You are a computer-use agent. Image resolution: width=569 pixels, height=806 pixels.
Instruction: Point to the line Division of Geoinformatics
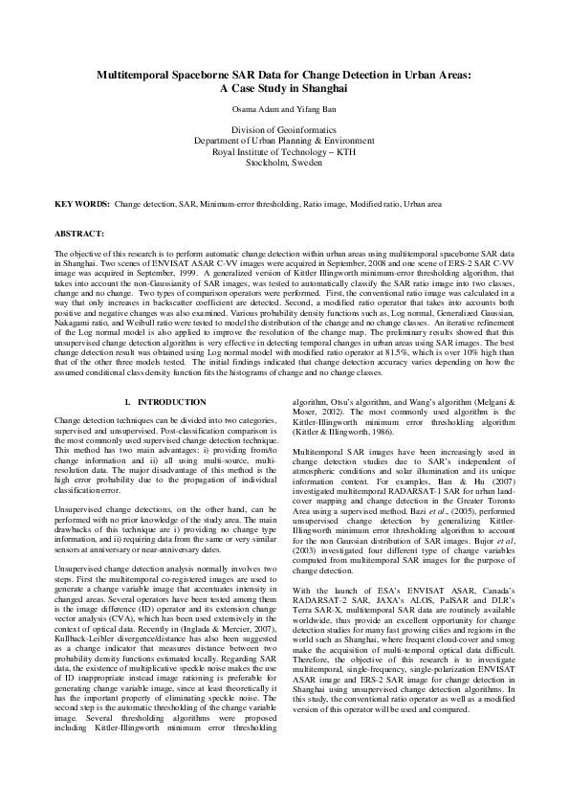(284, 129)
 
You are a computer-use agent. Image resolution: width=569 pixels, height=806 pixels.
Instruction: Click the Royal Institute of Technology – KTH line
(284, 151)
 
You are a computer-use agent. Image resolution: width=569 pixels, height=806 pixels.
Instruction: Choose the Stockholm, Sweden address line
(284, 163)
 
